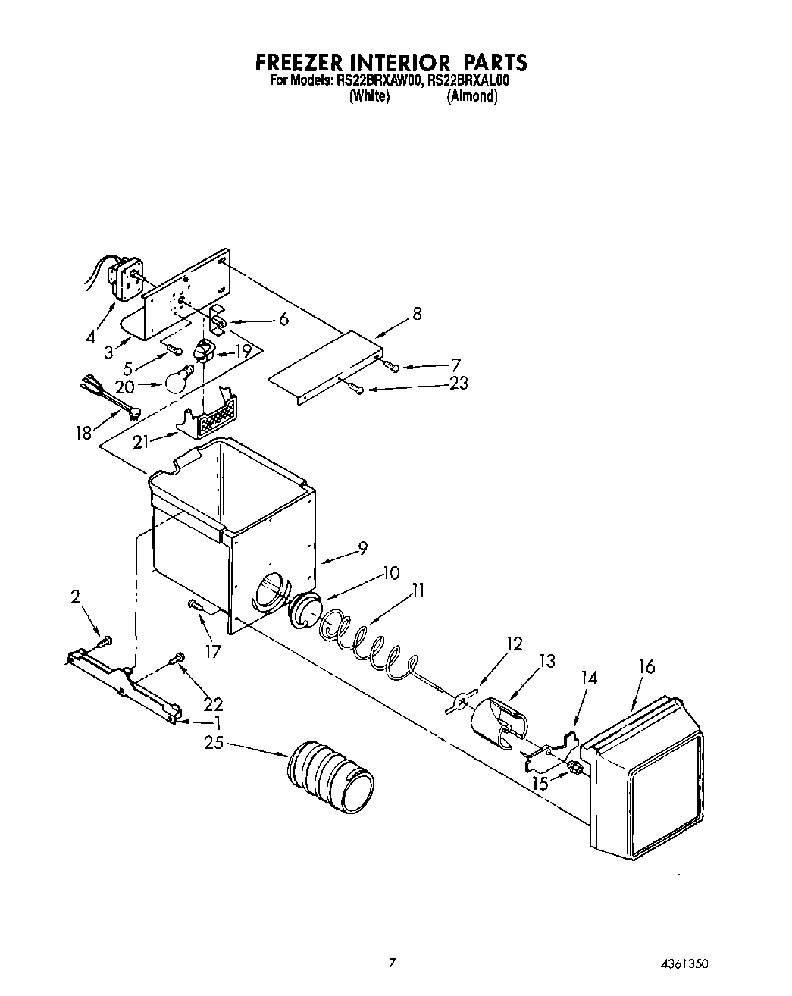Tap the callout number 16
tap(646, 667)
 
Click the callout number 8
tap(417, 314)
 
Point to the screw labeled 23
tap(355, 388)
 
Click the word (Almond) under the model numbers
tap(471, 96)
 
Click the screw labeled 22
tap(179, 656)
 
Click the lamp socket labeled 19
tap(204, 351)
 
